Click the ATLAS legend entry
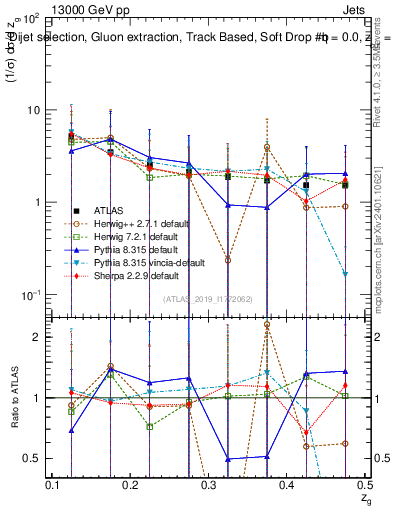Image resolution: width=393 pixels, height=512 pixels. point(108,211)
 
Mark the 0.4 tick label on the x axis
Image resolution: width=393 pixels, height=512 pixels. point(288,485)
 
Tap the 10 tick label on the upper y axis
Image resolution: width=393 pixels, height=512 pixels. point(32,110)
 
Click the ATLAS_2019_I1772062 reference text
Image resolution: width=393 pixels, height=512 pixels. point(208,299)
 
